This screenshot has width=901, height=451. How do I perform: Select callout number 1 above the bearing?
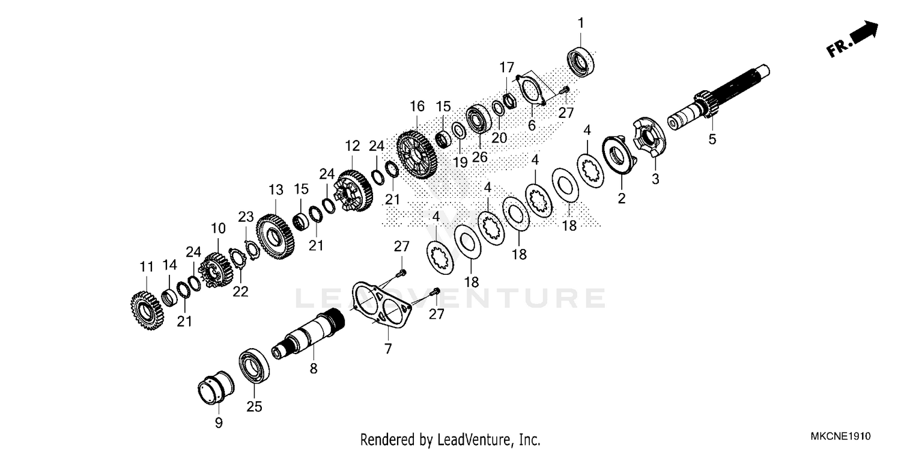point(581,23)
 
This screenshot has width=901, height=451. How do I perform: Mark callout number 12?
point(352,146)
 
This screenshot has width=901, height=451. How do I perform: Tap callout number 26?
point(479,157)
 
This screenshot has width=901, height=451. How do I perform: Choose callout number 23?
point(246,216)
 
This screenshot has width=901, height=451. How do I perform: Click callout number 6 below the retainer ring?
point(532,125)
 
